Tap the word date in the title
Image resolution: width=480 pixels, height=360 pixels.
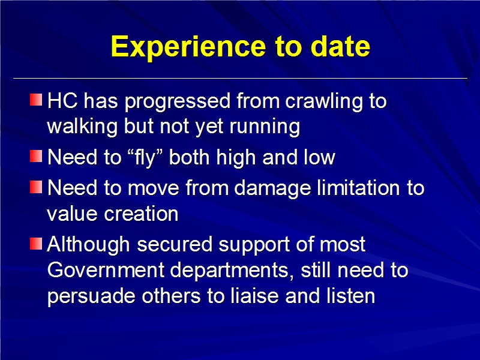point(340,46)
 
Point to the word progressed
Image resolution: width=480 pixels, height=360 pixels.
point(178,102)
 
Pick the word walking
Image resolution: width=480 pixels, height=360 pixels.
point(82,127)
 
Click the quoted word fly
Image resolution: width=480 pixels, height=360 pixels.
point(145,158)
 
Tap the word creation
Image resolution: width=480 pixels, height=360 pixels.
point(141,214)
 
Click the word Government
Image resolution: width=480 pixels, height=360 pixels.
point(106,270)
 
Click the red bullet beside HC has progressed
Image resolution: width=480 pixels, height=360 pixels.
point(36,100)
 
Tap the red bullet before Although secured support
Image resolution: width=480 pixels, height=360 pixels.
point(36,244)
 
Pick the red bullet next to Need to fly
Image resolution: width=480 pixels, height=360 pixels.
point(36,156)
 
